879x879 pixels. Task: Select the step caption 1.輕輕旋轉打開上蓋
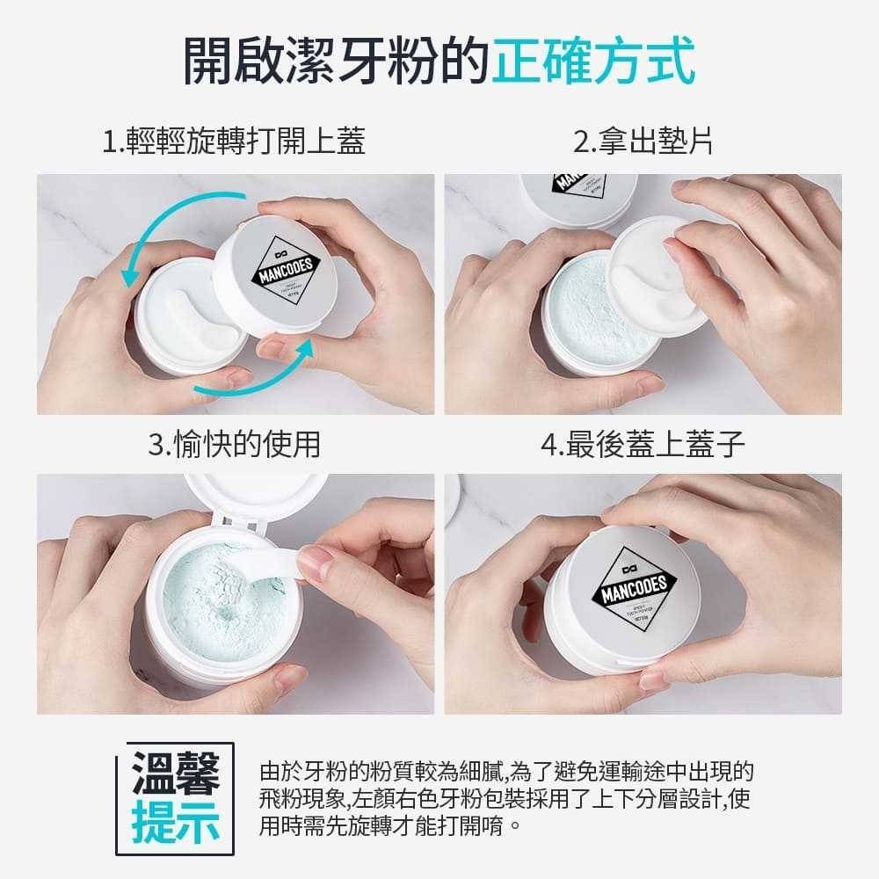(233, 142)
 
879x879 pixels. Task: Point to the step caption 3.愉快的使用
(234, 445)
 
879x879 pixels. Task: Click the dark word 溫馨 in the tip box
(176, 772)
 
